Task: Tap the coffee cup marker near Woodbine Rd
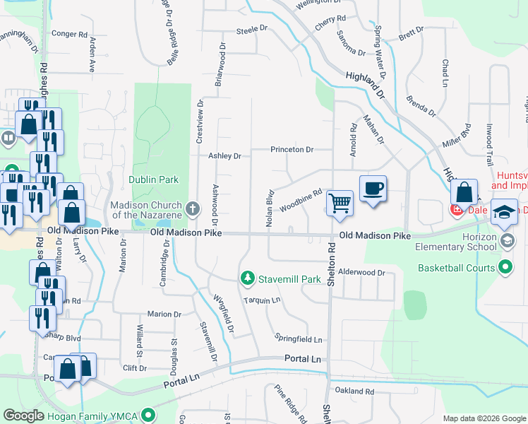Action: [x=373, y=188]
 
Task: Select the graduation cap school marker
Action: [x=504, y=213]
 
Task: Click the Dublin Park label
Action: [x=153, y=179]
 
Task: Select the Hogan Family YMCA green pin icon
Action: [x=148, y=415]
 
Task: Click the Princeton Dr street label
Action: [x=292, y=150]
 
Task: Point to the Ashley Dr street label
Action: [x=224, y=156]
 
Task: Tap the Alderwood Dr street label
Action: [x=361, y=272]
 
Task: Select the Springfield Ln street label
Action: [x=299, y=339]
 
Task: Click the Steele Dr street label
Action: [x=253, y=30]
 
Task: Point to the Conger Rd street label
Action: [x=69, y=33]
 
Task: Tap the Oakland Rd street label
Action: [x=354, y=391]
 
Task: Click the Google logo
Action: [x=23, y=416]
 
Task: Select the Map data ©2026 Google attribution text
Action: [x=484, y=418]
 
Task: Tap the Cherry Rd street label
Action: [x=330, y=19]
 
